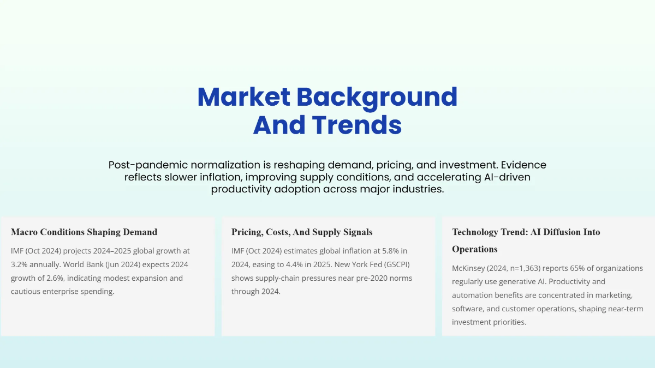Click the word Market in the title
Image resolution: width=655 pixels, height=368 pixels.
pyautogui.click(x=243, y=97)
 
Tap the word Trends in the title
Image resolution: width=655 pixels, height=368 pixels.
pyautogui.click(x=358, y=125)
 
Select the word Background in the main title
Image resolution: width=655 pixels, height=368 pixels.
pyautogui.click(x=377, y=97)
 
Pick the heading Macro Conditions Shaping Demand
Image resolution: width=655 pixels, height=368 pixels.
pyautogui.click(x=84, y=232)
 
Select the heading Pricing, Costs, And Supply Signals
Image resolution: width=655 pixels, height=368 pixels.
pyautogui.click(x=302, y=232)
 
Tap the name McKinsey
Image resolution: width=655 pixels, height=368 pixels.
pyautogui.click(x=471, y=268)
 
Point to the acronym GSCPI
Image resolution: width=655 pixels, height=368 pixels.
pyautogui.click(x=397, y=264)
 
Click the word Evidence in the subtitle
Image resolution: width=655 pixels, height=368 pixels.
pyautogui.click(x=525, y=165)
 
